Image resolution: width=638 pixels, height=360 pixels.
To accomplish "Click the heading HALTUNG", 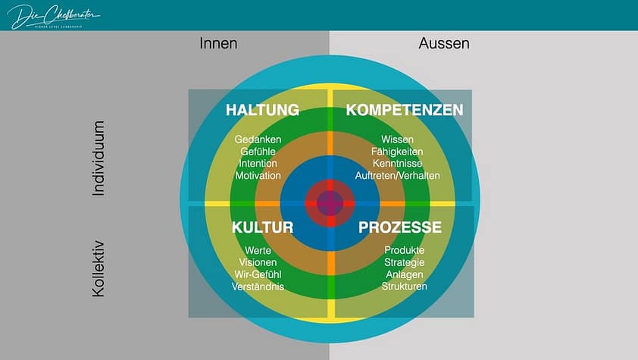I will tap(262, 111).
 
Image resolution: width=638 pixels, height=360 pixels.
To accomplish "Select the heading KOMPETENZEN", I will tap(405, 111).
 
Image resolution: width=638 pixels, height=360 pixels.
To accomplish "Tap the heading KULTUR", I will tap(262, 227).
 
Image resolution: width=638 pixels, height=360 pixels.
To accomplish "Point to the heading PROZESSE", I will tap(400, 227).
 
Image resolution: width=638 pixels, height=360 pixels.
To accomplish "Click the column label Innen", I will tap(218, 44).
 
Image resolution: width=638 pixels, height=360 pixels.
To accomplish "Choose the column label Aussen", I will tap(444, 44).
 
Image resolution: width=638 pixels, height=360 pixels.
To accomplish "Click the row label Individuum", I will tap(98, 159).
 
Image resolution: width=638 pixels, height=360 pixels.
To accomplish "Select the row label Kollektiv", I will tap(98, 268).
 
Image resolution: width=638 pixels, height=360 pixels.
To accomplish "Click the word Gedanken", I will tap(258, 139).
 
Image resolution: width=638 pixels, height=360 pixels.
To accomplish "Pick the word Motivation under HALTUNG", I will tap(258, 175).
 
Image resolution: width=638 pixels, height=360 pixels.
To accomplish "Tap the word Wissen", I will tap(397, 139).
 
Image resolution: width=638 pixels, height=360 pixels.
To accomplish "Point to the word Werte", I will tap(258, 251).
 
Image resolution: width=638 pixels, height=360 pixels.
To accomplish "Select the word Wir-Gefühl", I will tap(258, 274).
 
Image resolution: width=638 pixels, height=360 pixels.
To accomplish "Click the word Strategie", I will tap(405, 262).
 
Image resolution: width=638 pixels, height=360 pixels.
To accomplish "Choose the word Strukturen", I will tap(405, 286).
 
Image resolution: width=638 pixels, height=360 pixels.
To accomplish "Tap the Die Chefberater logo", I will tap(53, 16).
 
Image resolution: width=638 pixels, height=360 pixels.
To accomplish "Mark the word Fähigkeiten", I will tap(397, 152).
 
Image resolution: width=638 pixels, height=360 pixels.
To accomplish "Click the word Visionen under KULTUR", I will tap(258, 262).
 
